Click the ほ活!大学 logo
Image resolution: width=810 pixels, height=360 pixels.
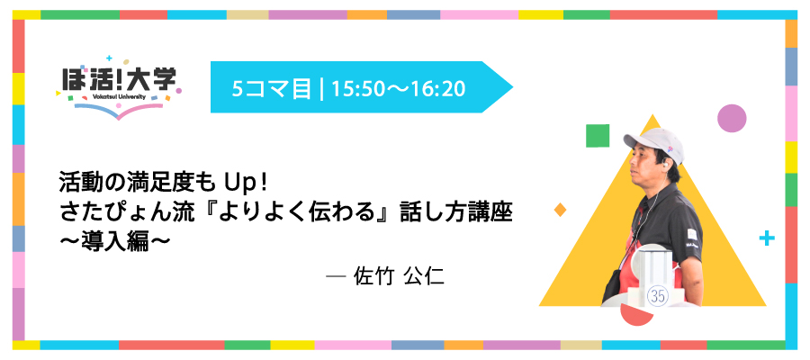coord(119,86)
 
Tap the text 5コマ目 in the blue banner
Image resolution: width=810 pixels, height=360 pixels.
coord(272,89)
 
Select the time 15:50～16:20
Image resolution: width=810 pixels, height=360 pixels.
coord(399,89)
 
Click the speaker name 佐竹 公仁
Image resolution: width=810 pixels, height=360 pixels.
coord(399,276)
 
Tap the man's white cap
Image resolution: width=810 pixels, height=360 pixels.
coord(653,144)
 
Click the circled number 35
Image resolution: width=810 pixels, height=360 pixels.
coord(658,296)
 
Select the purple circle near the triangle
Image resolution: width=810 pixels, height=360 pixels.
coord(732,118)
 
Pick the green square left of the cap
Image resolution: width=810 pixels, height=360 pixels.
coord(598,136)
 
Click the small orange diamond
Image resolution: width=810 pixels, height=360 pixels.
coord(560,210)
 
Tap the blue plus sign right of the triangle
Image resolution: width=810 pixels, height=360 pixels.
coord(767,238)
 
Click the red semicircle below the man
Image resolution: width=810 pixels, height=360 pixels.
coord(637,313)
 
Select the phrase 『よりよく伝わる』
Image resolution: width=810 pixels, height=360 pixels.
coord(279,213)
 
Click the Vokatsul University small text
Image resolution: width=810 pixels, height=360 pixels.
coord(119,96)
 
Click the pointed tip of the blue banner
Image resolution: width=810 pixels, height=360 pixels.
coord(512,87)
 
